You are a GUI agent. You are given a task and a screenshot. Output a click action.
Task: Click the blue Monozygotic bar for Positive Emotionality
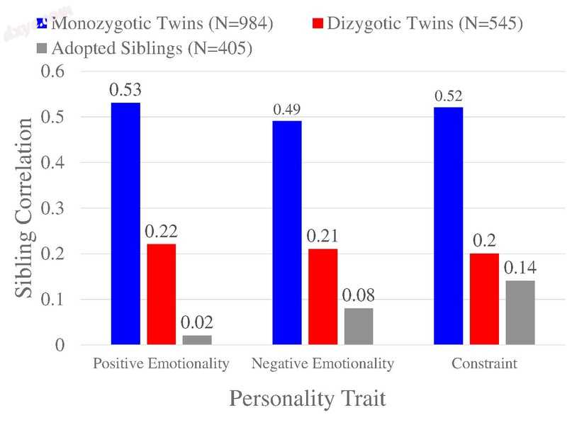click(125, 224)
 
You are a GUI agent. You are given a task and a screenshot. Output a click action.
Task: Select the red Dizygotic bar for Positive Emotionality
click(161, 294)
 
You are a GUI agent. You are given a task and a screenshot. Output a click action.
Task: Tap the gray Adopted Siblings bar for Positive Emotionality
click(196, 340)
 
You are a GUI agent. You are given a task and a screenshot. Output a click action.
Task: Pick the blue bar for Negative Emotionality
click(287, 233)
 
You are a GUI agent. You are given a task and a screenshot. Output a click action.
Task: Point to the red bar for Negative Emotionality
click(322, 297)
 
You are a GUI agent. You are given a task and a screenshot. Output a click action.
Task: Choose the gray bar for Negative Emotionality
click(358, 327)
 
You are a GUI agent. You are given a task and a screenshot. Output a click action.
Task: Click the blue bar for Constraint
click(449, 226)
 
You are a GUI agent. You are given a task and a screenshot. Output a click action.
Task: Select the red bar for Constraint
click(484, 299)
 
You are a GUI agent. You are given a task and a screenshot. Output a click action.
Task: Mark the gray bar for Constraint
click(520, 312)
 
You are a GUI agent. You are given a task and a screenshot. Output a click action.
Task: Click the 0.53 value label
click(125, 90)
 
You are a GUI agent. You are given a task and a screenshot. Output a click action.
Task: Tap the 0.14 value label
click(520, 268)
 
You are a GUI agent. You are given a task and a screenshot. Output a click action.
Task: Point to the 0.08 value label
click(358, 295)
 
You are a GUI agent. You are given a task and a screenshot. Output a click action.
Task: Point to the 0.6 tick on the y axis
click(53, 72)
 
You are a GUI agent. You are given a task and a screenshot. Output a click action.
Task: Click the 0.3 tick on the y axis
click(53, 208)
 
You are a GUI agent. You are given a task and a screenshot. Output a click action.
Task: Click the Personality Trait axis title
click(308, 398)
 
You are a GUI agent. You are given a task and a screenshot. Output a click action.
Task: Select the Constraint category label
click(484, 365)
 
